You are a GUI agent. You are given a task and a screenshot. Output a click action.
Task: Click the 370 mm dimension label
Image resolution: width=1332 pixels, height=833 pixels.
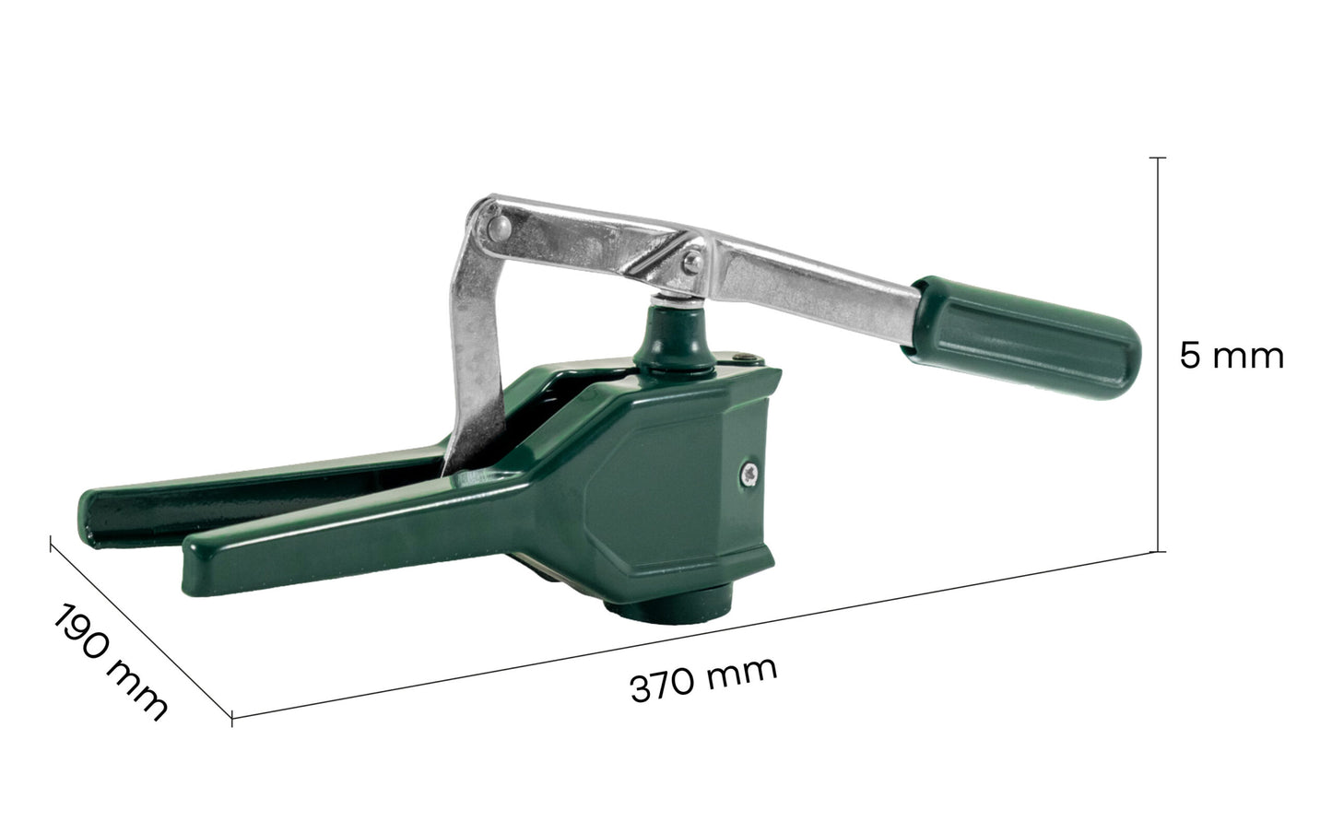tap(703, 679)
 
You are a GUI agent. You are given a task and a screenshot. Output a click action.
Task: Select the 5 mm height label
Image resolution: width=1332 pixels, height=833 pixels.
tap(1232, 357)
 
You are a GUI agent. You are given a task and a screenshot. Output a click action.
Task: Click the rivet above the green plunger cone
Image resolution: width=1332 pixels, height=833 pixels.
tap(691, 261)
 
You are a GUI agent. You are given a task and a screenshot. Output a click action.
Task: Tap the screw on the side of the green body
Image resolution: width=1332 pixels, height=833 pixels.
tap(749, 474)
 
